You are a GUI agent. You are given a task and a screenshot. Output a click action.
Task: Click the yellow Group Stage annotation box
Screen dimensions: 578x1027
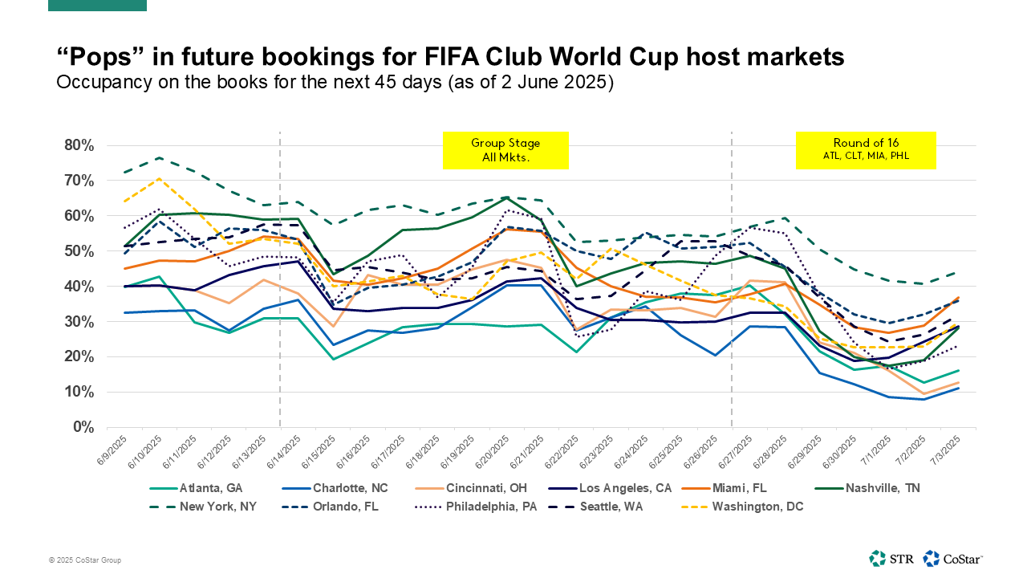tap(505, 151)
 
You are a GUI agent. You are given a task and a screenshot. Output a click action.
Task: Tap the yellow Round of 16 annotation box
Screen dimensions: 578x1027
tap(866, 151)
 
